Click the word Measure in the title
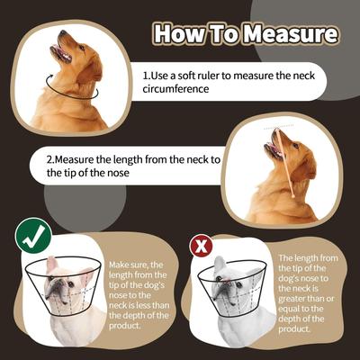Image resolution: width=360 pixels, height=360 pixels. click(293, 34)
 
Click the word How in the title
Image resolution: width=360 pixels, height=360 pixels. click(178, 34)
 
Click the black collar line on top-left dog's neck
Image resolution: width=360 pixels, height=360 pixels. click(72, 90)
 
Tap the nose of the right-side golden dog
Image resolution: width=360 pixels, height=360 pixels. click(269, 132)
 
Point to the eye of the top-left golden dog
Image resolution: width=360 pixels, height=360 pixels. click(78, 46)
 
